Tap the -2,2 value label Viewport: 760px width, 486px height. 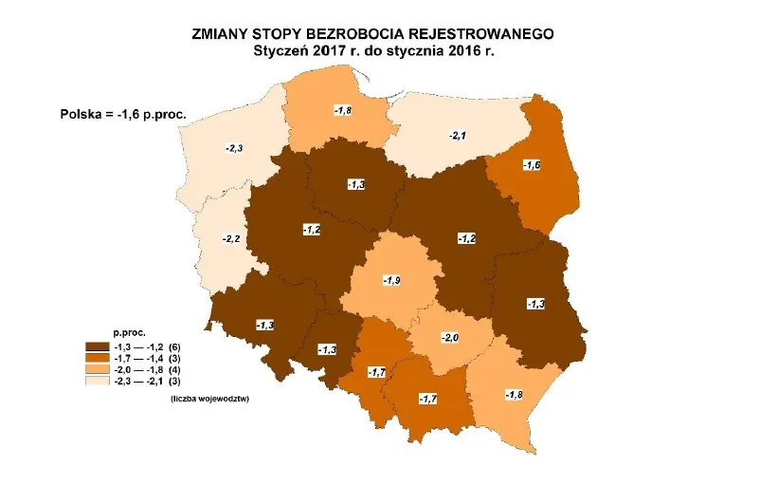[x=231, y=238]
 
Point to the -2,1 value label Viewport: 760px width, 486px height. [x=459, y=136]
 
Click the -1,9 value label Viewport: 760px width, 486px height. [x=392, y=280]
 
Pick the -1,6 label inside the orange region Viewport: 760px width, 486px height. [x=533, y=165]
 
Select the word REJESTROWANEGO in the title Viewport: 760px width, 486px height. [x=492, y=33]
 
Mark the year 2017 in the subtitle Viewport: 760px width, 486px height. [x=343, y=50]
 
